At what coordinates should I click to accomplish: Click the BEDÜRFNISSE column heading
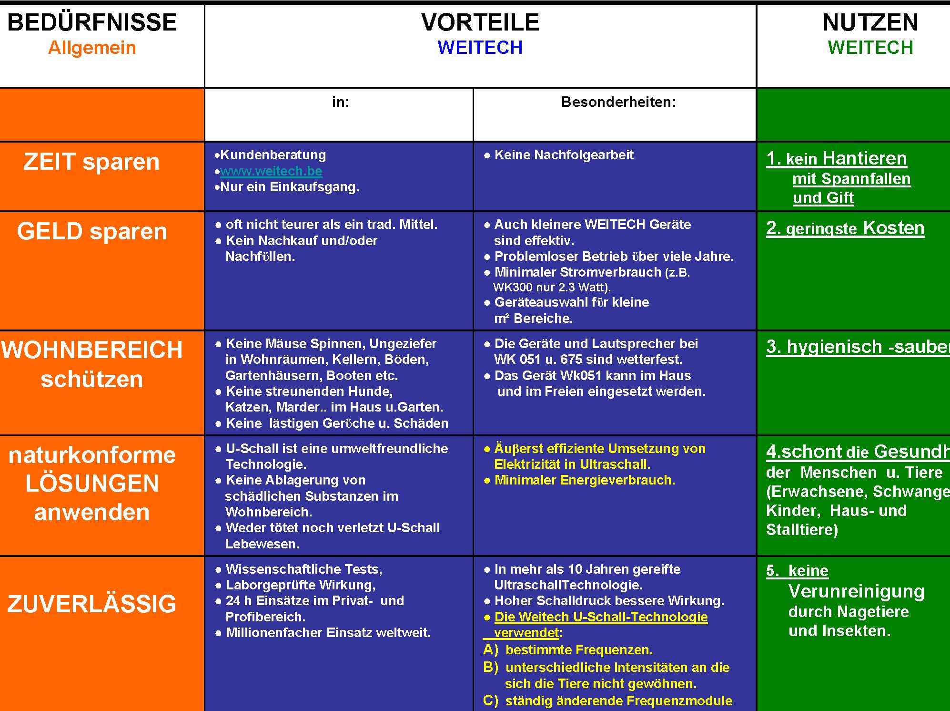pyautogui.click(x=92, y=22)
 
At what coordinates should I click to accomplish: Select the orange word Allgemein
pyautogui.click(x=92, y=48)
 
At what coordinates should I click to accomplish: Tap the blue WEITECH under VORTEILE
pyautogui.click(x=480, y=48)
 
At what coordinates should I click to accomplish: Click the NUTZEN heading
pyautogui.click(x=870, y=22)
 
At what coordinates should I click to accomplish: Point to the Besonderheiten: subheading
pyautogui.click(x=618, y=102)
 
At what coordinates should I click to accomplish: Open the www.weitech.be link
pyautogui.click(x=271, y=171)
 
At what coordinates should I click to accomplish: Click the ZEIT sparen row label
pyautogui.click(x=91, y=162)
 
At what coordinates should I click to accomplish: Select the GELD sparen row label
pyautogui.click(x=92, y=231)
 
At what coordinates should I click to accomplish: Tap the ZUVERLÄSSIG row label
pyautogui.click(x=91, y=604)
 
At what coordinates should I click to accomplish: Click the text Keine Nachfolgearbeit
pyautogui.click(x=564, y=155)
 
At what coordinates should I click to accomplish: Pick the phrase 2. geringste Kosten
pyautogui.click(x=845, y=228)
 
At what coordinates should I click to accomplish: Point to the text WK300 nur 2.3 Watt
pyautogui.click(x=551, y=287)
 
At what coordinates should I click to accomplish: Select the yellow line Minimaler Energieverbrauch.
pyautogui.click(x=585, y=480)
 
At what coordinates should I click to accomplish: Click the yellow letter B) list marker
pyautogui.click(x=490, y=667)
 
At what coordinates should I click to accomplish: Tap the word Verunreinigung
pyautogui.click(x=856, y=591)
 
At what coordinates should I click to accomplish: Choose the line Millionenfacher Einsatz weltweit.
pyautogui.click(x=328, y=633)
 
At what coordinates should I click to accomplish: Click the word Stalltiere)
pyautogui.click(x=802, y=529)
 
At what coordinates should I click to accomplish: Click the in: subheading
pyautogui.click(x=341, y=102)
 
